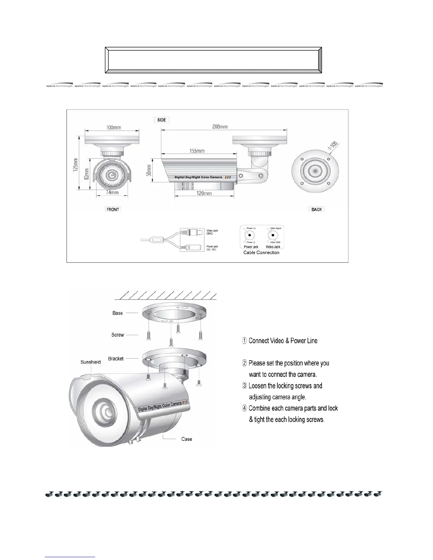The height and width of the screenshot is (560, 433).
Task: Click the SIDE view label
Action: (x=162, y=120)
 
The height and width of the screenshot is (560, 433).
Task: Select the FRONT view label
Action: (x=113, y=209)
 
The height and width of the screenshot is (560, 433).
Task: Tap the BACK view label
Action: (x=317, y=209)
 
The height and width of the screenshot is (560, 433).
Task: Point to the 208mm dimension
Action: (x=220, y=127)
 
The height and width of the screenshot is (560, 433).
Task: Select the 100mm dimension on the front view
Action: (x=113, y=127)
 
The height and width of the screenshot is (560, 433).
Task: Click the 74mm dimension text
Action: (x=112, y=193)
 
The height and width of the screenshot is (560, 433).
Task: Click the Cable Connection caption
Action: (x=261, y=252)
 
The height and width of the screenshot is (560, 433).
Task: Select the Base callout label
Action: (x=118, y=313)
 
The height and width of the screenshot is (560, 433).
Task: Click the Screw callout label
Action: (x=118, y=335)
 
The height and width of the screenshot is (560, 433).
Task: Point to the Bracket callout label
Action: (x=116, y=358)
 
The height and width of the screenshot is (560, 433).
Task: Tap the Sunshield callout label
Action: (x=91, y=362)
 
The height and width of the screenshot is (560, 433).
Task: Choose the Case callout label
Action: (x=186, y=439)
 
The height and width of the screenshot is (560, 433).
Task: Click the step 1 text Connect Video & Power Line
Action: (x=279, y=341)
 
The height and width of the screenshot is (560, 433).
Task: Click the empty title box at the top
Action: (x=213, y=60)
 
